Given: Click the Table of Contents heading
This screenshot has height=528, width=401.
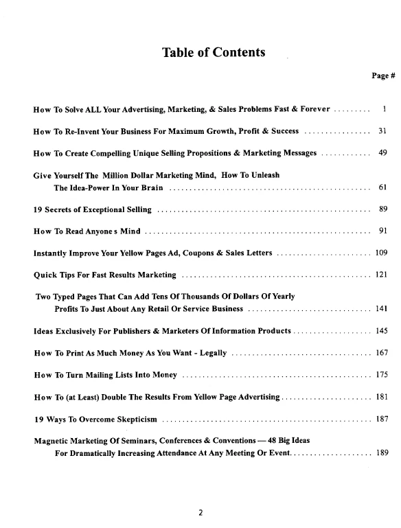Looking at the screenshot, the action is pyautogui.click(x=213, y=52).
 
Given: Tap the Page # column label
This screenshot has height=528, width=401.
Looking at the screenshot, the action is pyautogui.click(x=383, y=76).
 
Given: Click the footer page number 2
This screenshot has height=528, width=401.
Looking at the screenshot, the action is pyautogui.click(x=200, y=512).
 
